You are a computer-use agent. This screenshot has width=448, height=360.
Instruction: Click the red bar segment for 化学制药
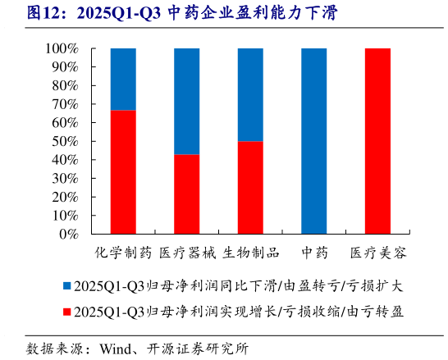point(123,172)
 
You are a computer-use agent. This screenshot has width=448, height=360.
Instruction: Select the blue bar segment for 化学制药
point(123,79)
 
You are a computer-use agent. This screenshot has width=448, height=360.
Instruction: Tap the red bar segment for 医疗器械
point(187,194)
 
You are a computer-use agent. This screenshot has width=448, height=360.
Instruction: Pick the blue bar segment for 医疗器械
point(187,101)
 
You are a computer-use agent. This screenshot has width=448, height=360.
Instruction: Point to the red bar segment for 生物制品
point(250,188)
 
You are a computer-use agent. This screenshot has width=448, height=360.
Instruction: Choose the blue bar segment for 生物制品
point(250,94)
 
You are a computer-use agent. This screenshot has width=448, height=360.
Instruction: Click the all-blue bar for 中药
point(314,141)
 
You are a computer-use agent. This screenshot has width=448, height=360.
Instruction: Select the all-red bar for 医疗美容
point(377,141)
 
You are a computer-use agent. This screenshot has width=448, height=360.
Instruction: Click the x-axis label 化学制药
point(123,252)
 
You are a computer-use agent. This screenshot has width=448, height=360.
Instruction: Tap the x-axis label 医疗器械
point(187,252)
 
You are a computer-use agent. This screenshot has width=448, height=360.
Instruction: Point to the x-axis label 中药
point(314,252)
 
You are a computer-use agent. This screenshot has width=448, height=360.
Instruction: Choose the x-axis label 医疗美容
point(377,252)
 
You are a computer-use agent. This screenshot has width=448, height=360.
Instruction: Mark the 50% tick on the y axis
point(65,142)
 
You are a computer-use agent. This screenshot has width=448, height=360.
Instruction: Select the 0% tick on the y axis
point(69,235)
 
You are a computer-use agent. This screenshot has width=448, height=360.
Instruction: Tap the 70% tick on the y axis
point(65,105)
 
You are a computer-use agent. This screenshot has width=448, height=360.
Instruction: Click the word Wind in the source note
point(117,347)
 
